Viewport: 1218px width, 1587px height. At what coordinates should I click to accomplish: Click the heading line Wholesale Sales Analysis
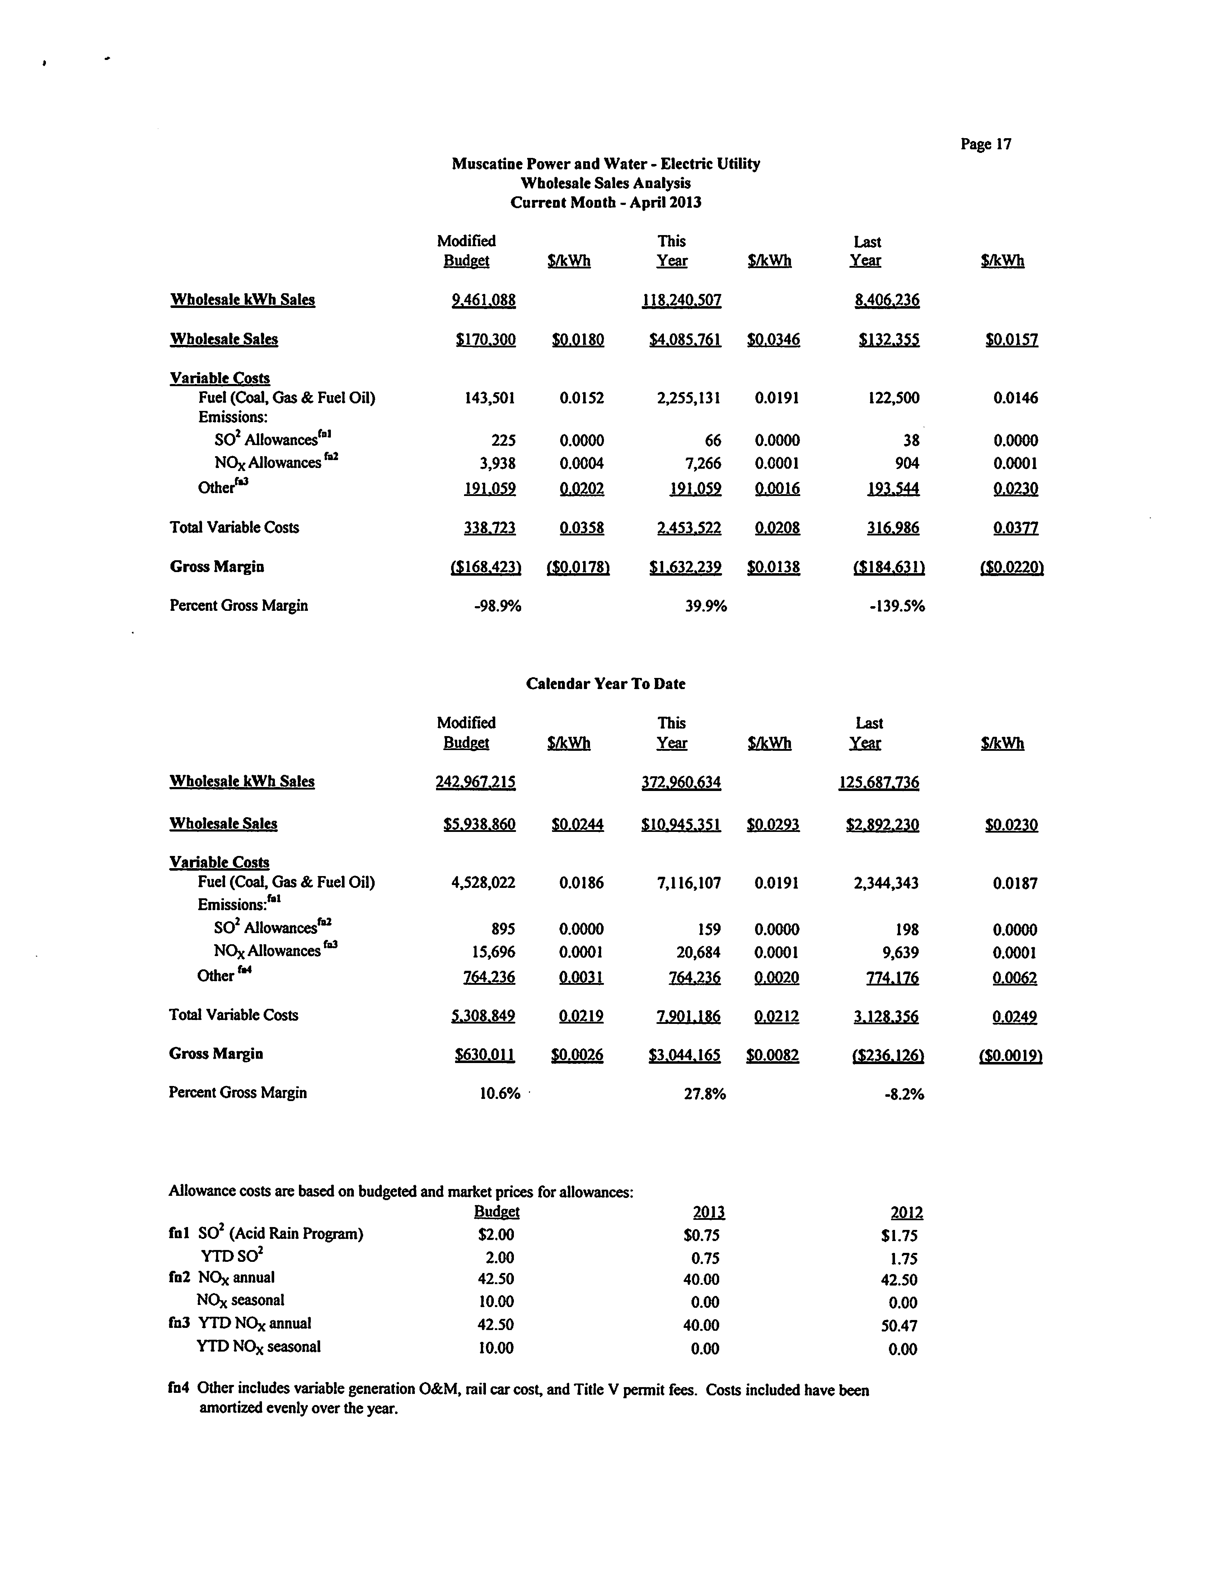pos(605,183)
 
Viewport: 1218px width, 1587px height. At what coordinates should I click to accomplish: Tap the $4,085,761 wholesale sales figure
pos(685,339)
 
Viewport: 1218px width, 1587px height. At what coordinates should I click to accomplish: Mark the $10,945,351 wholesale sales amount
pos(681,824)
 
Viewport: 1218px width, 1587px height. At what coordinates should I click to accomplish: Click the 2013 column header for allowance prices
pos(708,1212)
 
